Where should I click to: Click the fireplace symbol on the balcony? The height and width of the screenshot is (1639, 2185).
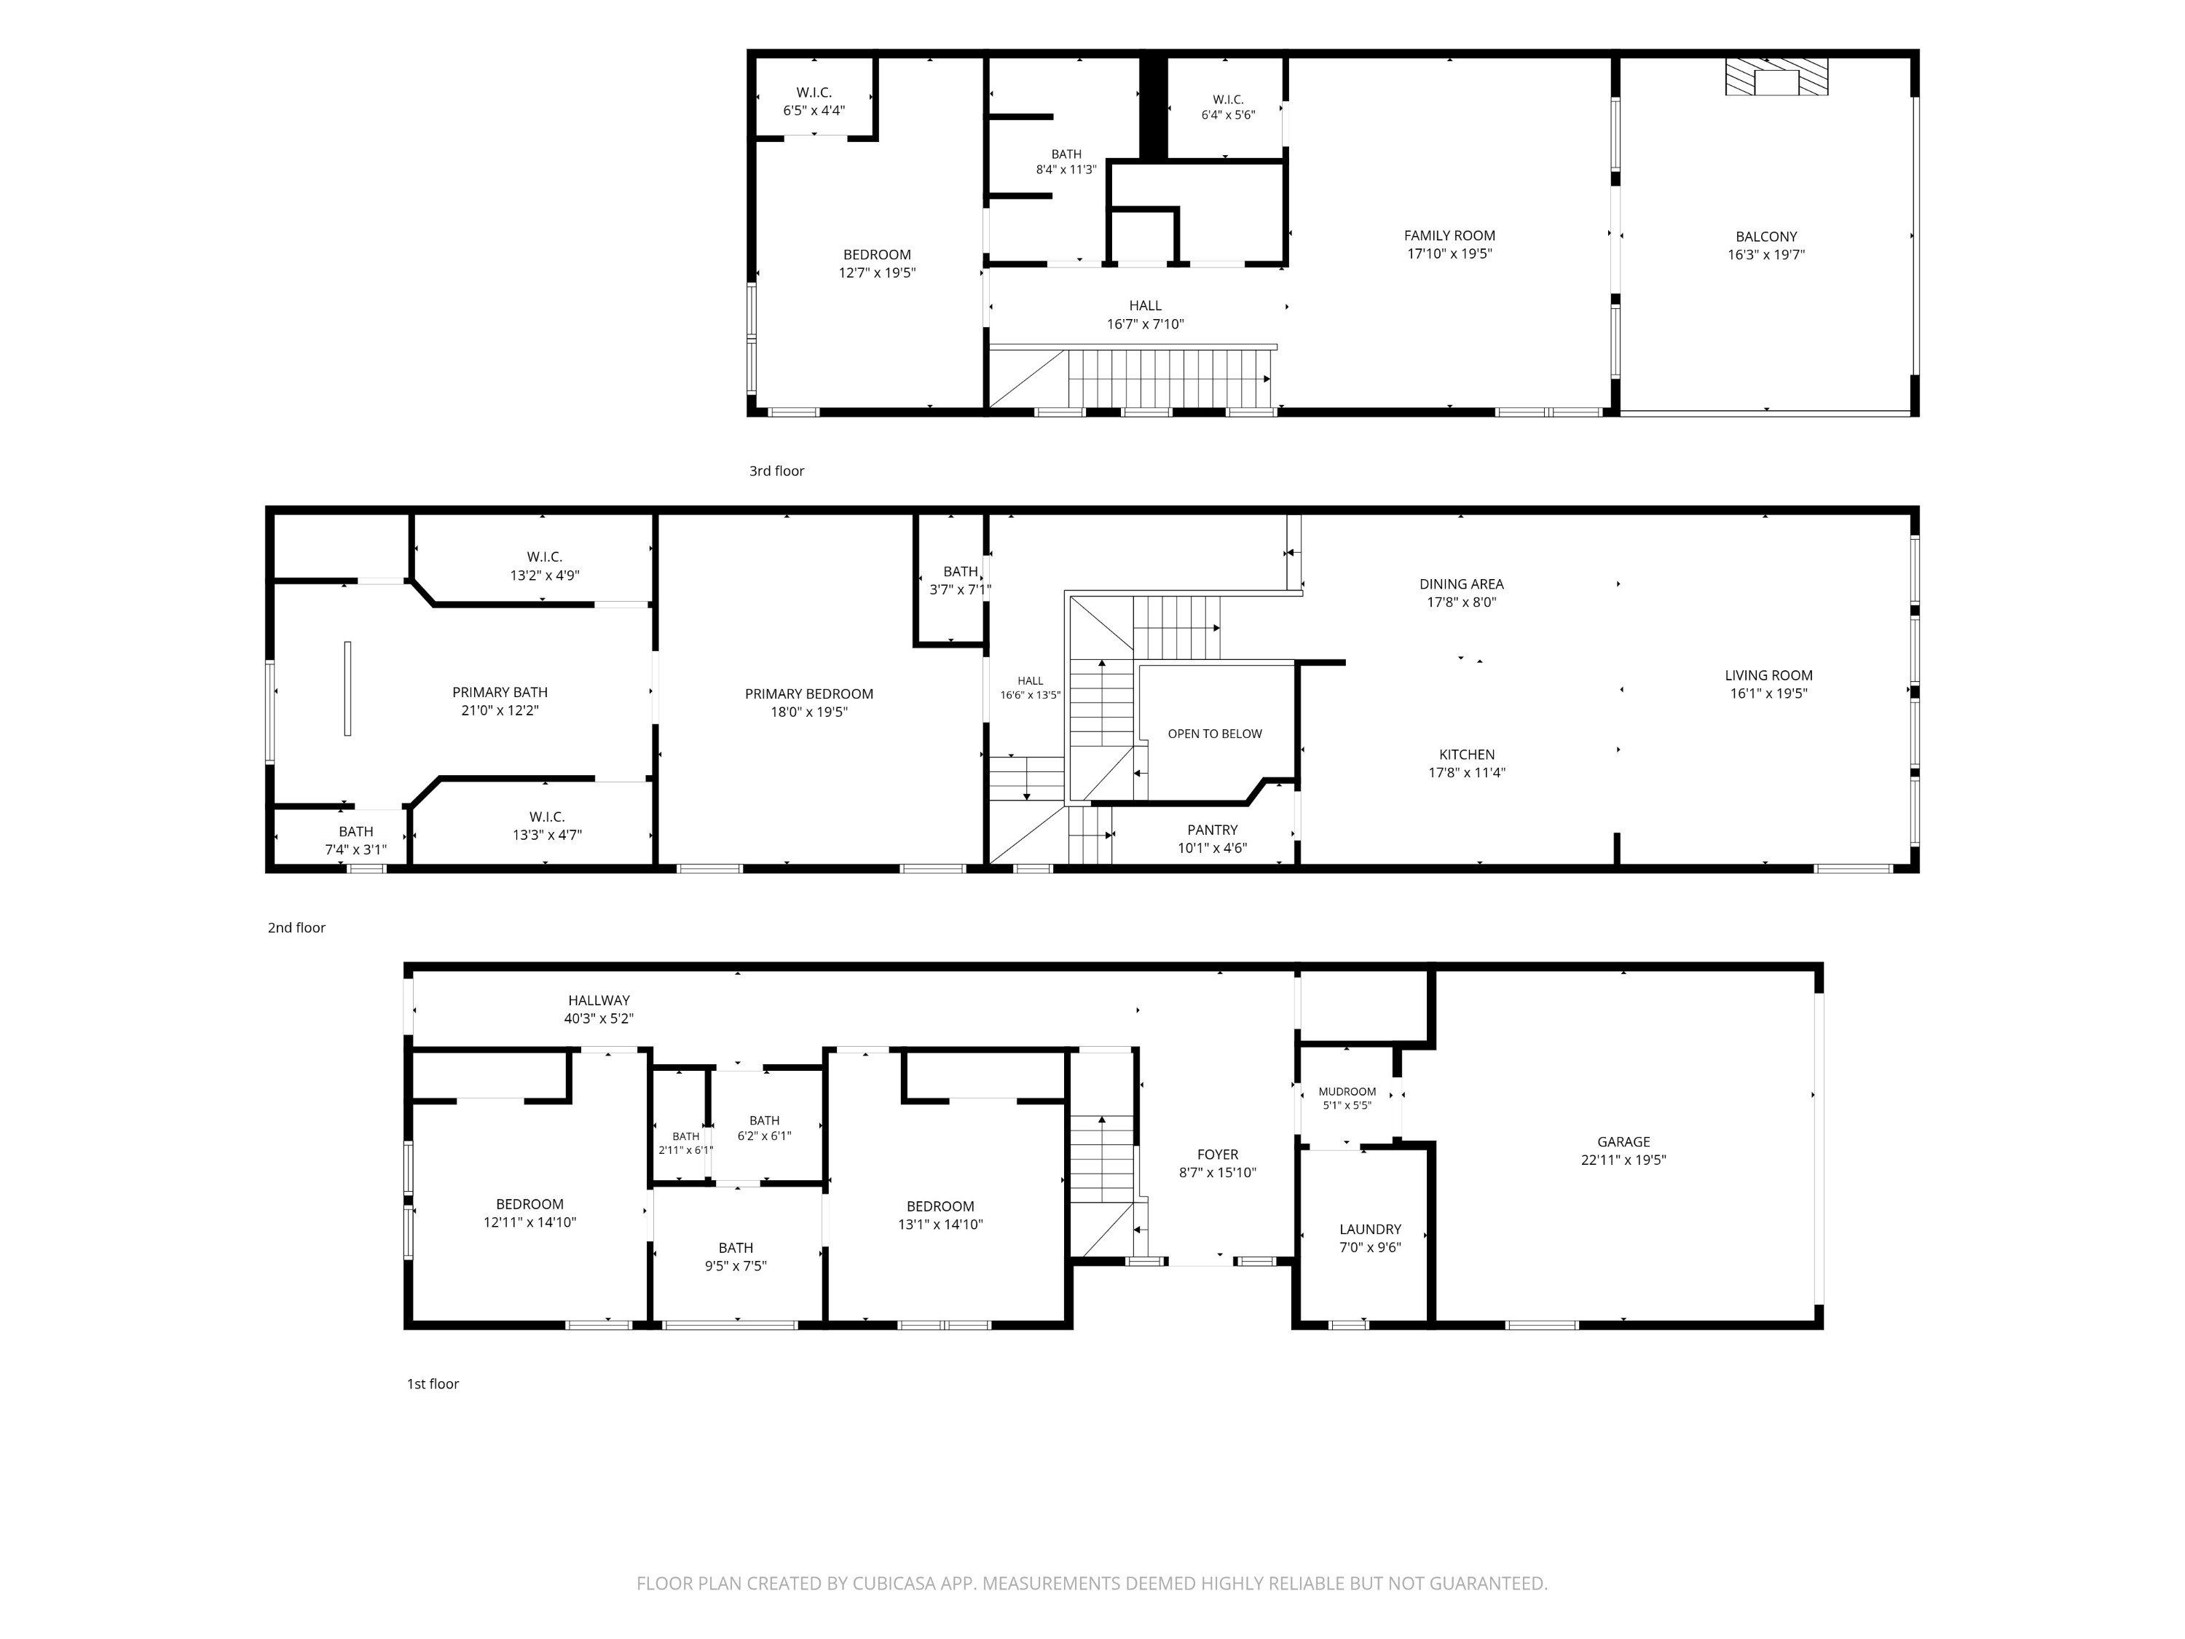tap(1776, 77)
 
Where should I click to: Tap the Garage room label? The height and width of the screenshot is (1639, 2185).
tap(1623, 1141)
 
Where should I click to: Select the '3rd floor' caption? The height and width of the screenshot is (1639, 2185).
tap(776, 471)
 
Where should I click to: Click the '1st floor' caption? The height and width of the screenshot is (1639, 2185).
tap(433, 1383)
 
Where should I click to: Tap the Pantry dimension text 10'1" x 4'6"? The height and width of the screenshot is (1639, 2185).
tap(1212, 848)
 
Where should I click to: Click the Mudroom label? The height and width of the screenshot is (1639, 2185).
tap(1347, 1092)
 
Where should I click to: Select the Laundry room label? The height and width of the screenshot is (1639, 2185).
tap(1370, 1229)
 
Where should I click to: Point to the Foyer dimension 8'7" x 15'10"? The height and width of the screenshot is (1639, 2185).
tap(1217, 1173)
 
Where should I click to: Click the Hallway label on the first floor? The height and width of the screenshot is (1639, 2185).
tap(599, 1000)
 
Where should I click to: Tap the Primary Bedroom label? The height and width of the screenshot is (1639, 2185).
tap(809, 693)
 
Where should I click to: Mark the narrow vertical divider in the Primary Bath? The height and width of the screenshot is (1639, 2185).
tap(347, 688)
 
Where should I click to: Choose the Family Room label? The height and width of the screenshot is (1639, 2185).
tap(1449, 235)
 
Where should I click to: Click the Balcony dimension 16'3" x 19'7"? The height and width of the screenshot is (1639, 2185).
tap(1766, 255)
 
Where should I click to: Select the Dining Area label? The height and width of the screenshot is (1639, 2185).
tap(1461, 584)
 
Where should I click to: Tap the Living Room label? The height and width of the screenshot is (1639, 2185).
tap(1768, 676)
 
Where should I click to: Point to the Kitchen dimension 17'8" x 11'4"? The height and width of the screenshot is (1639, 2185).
tap(1467, 773)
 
